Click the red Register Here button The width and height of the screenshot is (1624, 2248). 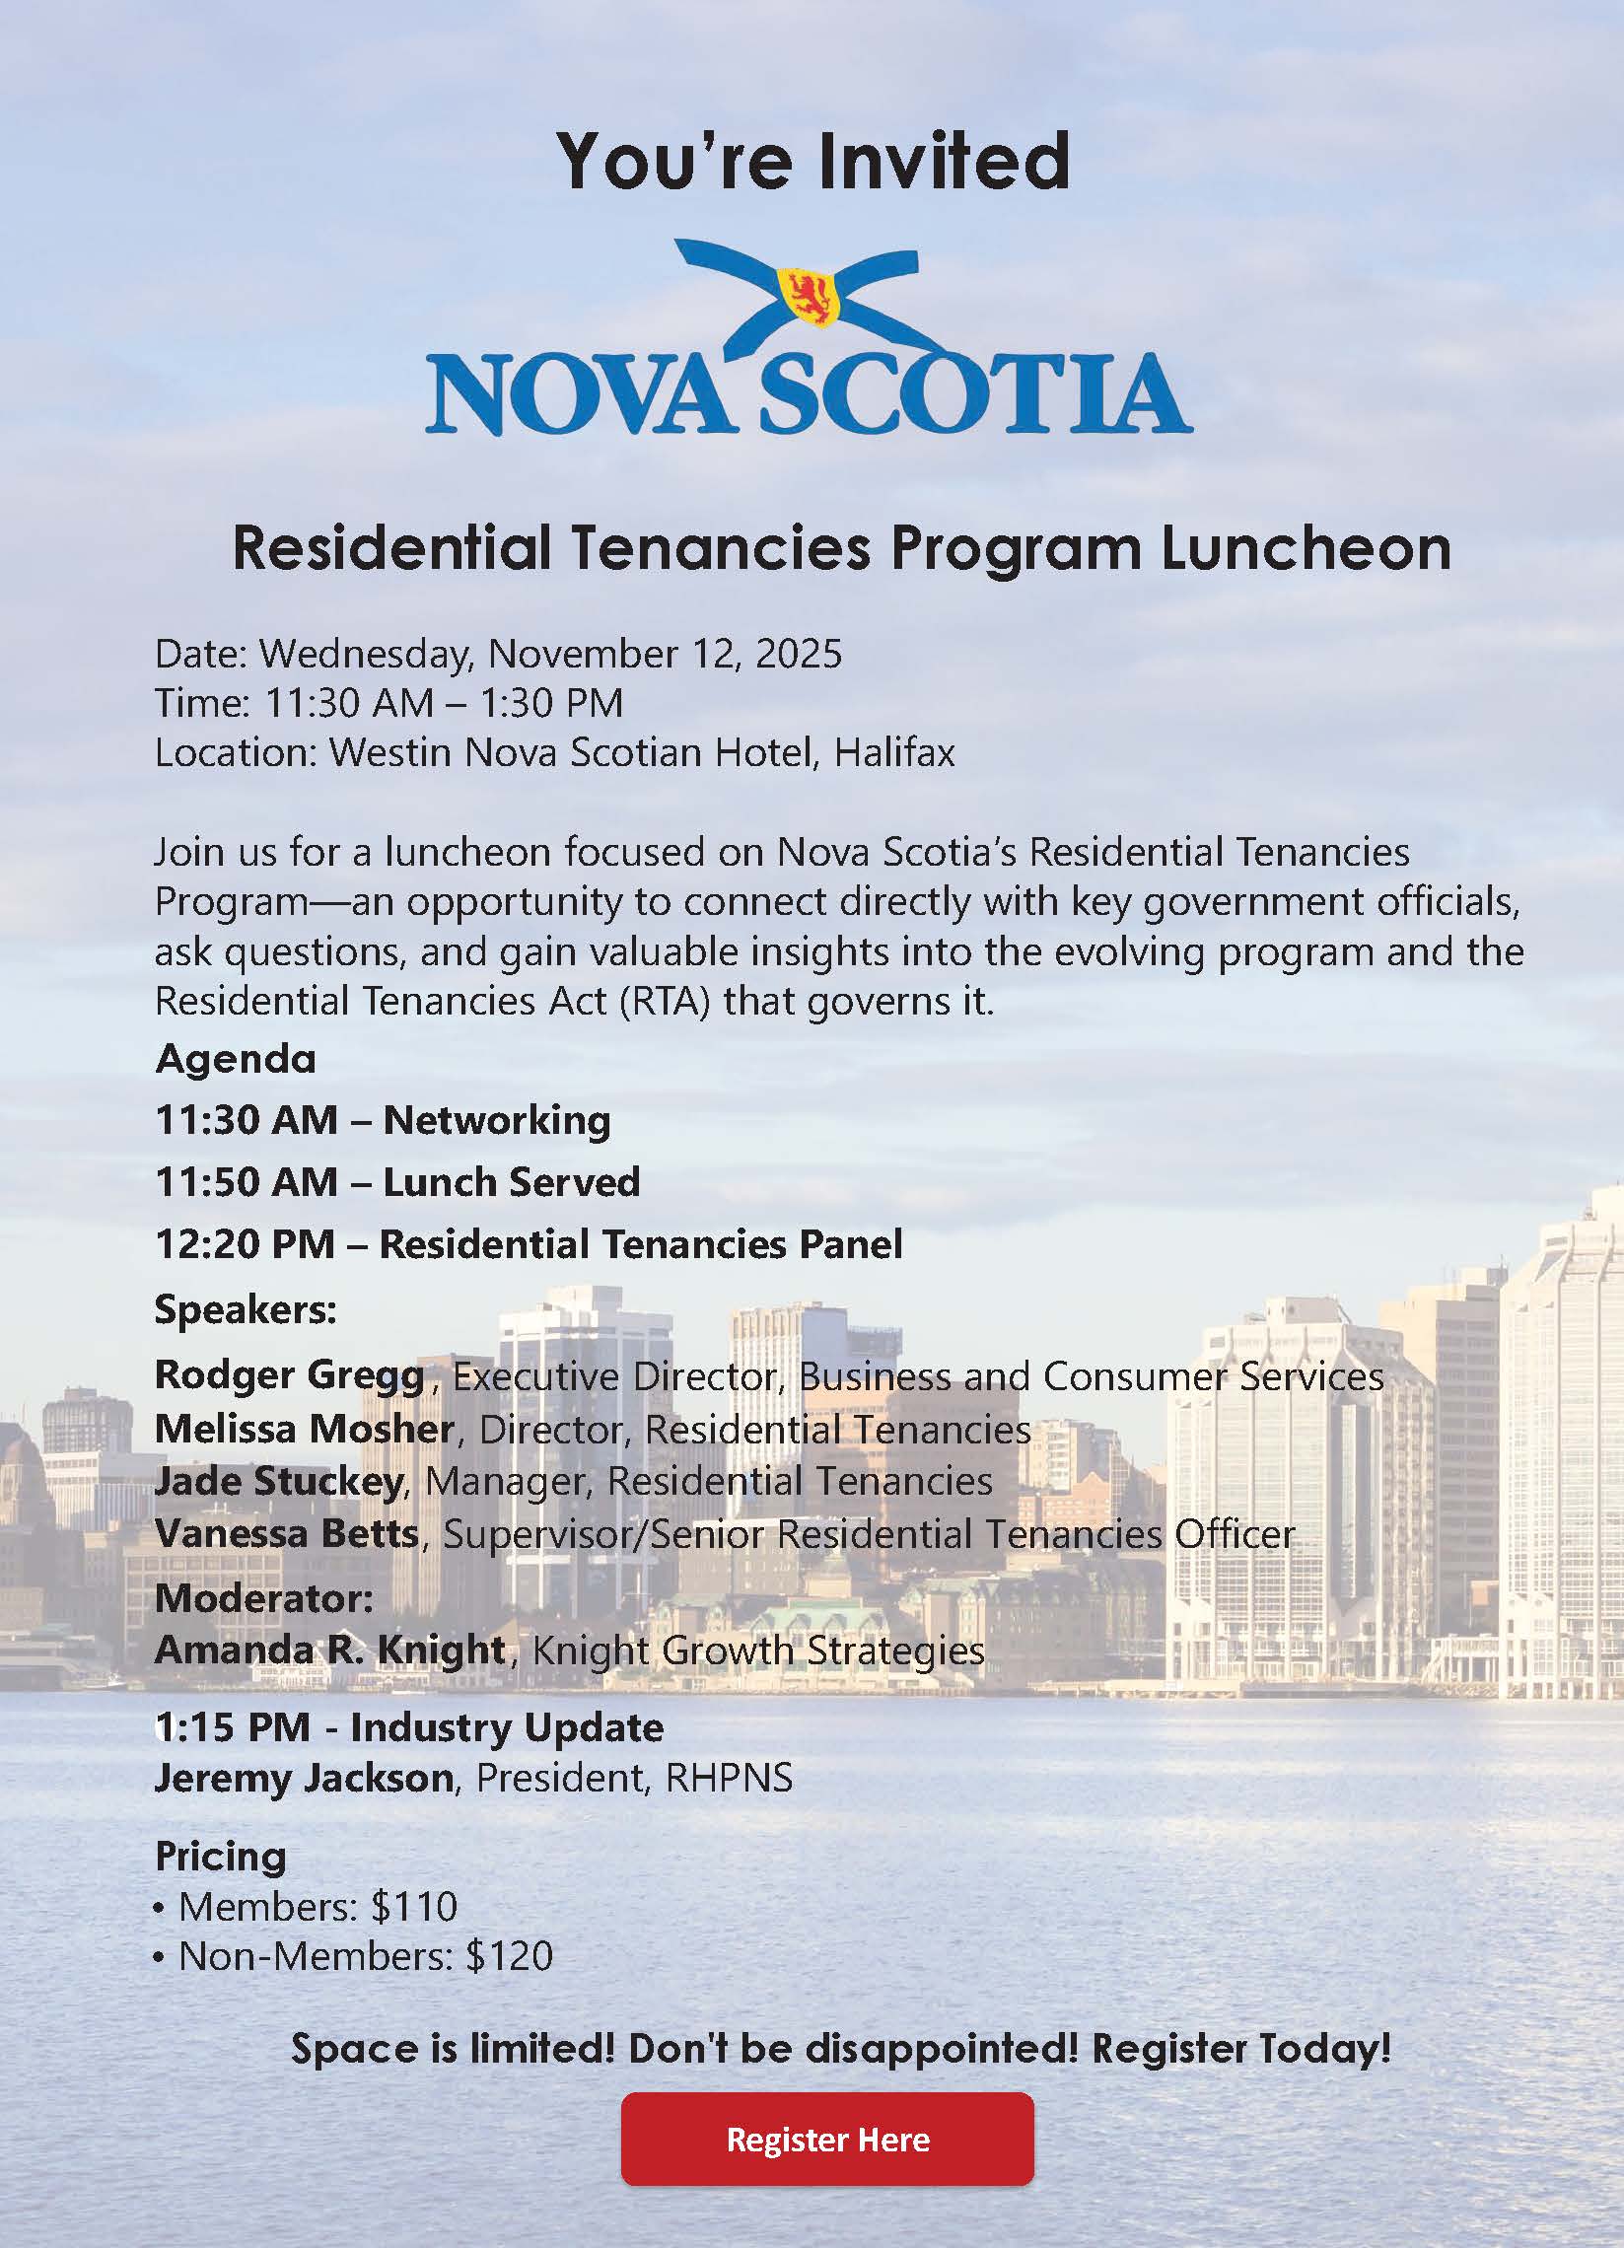[x=827, y=2138]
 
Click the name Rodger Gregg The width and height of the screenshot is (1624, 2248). [x=290, y=1374]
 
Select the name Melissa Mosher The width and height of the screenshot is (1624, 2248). [x=305, y=1429]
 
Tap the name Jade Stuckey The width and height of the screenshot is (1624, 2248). [x=279, y=1481]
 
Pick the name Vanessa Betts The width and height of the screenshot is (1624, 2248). [x=287, y=1533]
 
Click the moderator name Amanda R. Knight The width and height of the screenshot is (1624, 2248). [x=330, y=1651]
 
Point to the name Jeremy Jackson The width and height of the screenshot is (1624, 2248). [x=304, y=1778]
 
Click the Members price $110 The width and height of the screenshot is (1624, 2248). [x=413, y=1906]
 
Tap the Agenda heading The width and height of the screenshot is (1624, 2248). [x=236, y=1059]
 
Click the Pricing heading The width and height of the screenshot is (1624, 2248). [x=220, y=1856]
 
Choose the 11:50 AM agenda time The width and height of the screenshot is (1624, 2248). [x=247, y=1181]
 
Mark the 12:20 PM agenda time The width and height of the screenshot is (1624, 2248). [x=245, y=1244]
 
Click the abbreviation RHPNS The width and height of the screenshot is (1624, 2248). [x=729, y=1778]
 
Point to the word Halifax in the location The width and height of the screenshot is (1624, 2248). [x=894, y=752]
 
